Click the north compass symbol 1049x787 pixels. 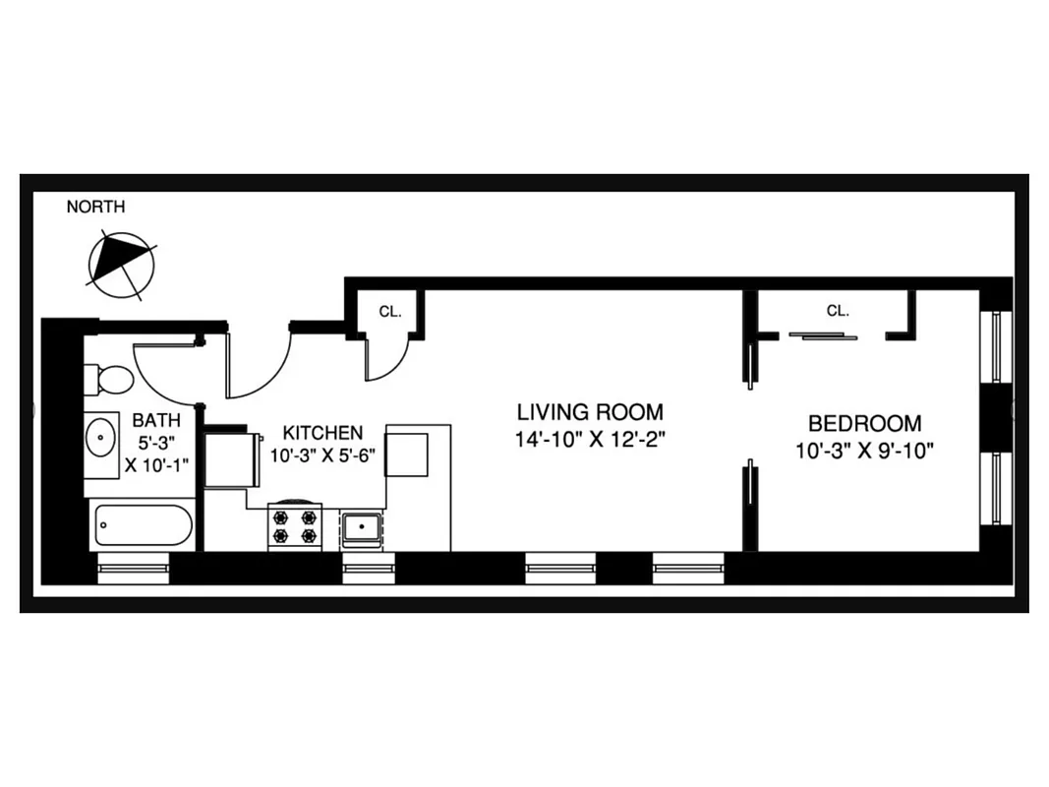click(x=122, y=261)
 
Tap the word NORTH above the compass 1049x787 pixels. click(x=95, y=207)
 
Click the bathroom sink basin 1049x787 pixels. click(x=101, y=438)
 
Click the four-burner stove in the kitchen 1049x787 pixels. click(x=295, y=526)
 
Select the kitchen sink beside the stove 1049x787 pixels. click(x=363, y=530)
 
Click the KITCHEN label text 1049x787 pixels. click(x=322, y=433)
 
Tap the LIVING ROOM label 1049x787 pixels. click(x=590, y=412)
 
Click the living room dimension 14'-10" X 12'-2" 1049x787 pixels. click(x=590, y=440)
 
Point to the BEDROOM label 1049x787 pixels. click(x=865, y=424)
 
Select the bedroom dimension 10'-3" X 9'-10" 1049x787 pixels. click(x=865, y=452)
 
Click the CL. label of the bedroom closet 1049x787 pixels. click(x=838, y=311)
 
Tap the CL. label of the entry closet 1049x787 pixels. click(x=390, y=312)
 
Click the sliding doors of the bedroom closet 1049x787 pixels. click(x=822, y=336)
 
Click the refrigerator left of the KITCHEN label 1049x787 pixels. click(x=230, y=459)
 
